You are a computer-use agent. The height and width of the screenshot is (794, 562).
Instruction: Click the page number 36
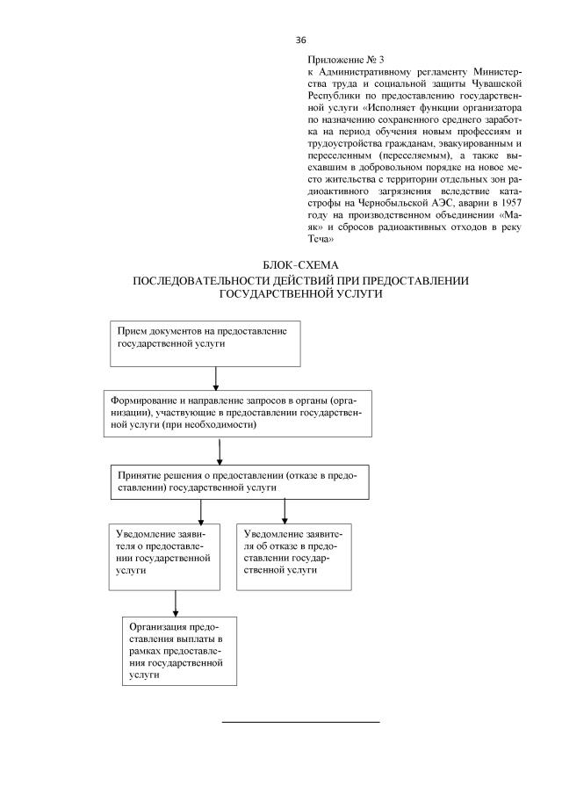tap(300, 40)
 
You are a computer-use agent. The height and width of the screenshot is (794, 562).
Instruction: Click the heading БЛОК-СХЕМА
tap(300, 264)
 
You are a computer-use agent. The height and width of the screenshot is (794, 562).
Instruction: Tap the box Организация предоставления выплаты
tap(179, 651)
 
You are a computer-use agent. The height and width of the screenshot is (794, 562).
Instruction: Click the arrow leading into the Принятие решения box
tap(219, 449)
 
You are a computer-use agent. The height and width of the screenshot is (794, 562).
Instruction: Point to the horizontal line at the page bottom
tap(300, 722)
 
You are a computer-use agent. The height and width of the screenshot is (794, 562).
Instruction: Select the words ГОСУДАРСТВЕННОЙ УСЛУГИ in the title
tap(300, 294)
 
